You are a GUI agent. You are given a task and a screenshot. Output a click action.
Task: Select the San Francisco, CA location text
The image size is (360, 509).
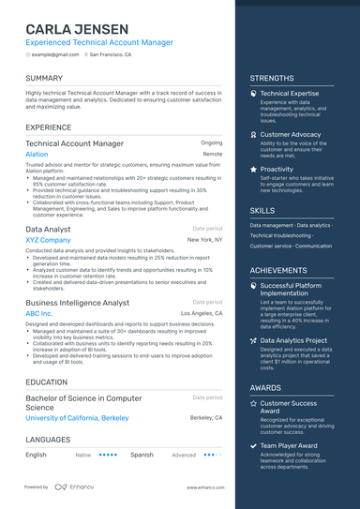click(x=111, y=55)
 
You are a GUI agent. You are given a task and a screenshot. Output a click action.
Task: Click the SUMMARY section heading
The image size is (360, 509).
click(x=44, y=78)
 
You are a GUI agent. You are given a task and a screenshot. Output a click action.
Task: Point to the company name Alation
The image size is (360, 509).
click(x=37, y=154)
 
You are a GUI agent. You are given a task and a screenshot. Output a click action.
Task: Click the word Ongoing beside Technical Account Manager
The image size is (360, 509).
click(x=212, y=142)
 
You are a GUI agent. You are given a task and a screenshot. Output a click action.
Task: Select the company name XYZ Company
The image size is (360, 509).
click(x=48, y=240)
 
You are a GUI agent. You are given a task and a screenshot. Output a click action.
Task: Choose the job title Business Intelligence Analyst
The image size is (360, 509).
click(x=77, y=303)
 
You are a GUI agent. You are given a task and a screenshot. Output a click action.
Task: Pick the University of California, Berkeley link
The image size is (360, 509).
click(x=77, y=417)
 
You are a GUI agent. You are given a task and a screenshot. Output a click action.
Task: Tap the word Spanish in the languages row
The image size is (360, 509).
click(x=142, y=455)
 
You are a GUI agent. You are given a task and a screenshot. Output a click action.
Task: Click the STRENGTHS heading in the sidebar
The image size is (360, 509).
click(x=272, y=78)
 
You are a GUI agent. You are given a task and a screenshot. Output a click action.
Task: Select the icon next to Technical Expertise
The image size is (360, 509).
click(x=253, y=95)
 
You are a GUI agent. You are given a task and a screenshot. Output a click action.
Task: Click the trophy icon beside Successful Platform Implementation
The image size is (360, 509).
click(x=253, y=285)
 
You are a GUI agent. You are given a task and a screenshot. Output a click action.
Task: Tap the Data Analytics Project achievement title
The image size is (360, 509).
click(x=293, y=340)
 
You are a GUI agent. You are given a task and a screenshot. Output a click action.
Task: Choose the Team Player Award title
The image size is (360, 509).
click(x=289, y=445)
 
